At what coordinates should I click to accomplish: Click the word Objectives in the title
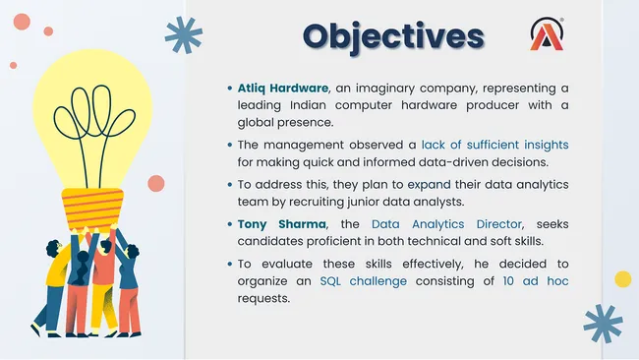tap(393, 35)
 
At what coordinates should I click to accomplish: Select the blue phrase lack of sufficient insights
tap(501, 145)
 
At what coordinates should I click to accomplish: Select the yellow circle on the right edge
tap(622, 278)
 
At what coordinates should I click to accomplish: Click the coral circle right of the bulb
tap(156, 183)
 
